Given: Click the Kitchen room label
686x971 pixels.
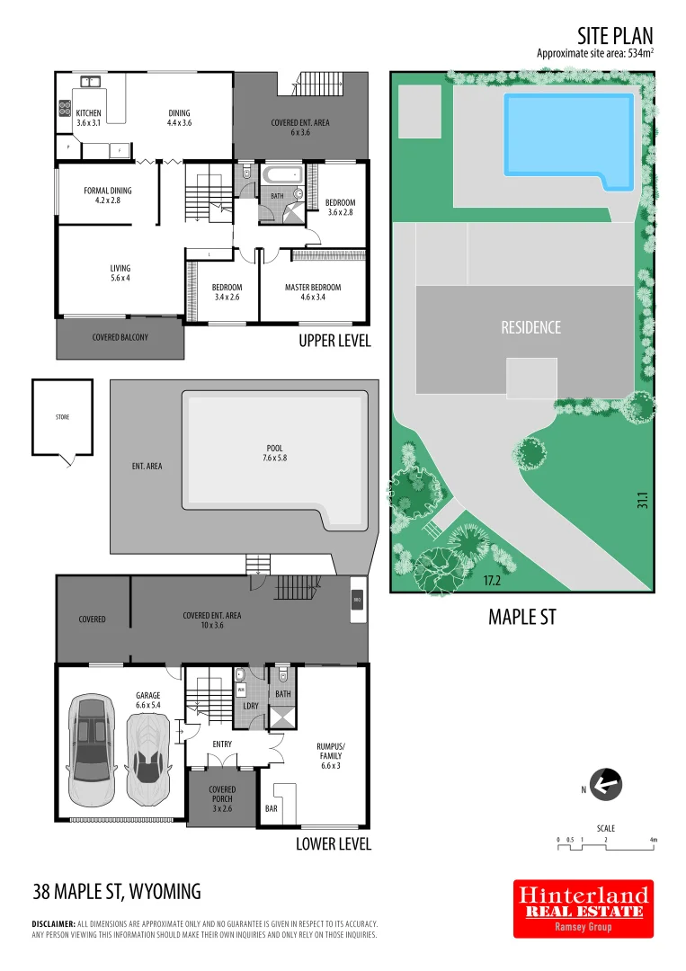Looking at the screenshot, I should coord(88,118).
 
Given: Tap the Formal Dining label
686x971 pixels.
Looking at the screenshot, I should coord(108,195).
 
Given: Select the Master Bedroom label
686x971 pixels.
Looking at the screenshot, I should coord(312,293).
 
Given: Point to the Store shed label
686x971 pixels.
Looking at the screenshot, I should coord(61,417).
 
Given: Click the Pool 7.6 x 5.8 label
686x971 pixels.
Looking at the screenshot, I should coord(274,452).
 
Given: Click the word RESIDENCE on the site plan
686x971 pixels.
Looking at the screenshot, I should coord(530,327).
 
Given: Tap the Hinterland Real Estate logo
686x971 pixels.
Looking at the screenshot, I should coord(583,908).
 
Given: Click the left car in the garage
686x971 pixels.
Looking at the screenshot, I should coord(91,749).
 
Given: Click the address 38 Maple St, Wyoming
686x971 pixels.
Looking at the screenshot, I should coord(117,892).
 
